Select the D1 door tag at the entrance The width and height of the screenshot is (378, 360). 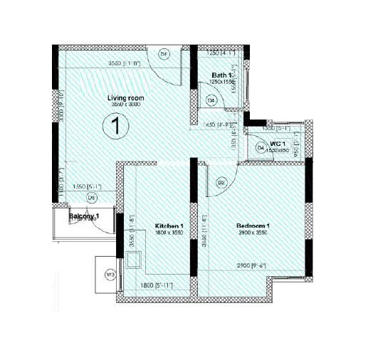click(163, 54)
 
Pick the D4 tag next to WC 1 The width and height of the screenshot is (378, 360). click(261, 147)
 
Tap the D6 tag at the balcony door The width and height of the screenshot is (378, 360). click(91, 197)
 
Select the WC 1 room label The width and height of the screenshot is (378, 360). click(278, 144)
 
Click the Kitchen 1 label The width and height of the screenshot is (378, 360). click(170, 226)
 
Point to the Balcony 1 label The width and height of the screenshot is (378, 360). click(84, 216)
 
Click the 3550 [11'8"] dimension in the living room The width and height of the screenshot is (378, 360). click(124, 65)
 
